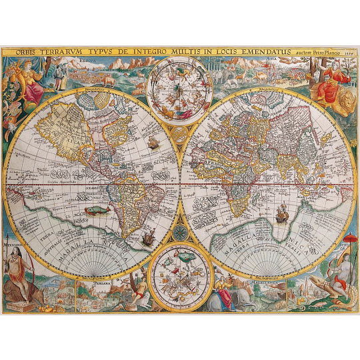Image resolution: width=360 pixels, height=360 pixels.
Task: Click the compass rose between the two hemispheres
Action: pyautogui.click(x=180, y=235)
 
